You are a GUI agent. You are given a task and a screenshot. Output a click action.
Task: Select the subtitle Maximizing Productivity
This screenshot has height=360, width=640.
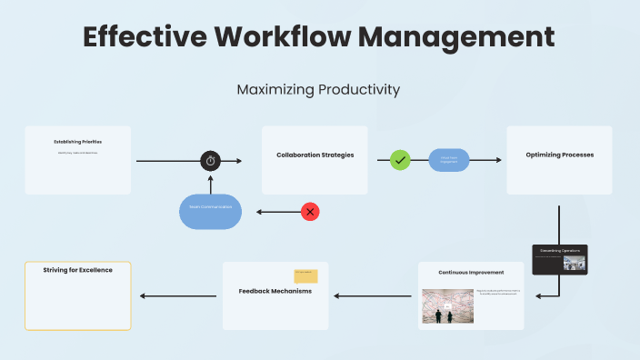tap(318, 90)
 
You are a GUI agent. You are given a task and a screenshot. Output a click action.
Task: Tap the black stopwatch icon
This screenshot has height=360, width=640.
tap(211, 161)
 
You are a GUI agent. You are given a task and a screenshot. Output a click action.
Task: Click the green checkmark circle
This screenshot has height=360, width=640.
tap(400, 160)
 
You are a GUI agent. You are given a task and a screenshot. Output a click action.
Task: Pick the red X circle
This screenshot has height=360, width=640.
tap(310, 212)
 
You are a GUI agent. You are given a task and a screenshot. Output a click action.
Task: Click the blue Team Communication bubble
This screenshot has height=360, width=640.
tap(210, 211)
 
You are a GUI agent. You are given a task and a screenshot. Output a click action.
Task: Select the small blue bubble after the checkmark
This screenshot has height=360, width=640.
tap(449, 160)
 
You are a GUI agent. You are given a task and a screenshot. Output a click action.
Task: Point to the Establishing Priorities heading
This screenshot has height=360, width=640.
tap(77, 143)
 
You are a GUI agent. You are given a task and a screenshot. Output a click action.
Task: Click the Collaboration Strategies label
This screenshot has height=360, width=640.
tap(315, 155)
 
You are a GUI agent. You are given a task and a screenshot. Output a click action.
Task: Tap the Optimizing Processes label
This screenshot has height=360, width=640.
tap(559, 155)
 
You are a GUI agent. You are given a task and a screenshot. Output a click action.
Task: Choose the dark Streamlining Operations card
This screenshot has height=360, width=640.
tap(560, 259)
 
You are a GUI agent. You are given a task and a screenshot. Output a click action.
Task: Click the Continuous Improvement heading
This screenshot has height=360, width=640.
tap(471, 273)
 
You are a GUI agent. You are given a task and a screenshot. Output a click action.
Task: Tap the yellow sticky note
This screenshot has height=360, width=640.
tap(305, 275)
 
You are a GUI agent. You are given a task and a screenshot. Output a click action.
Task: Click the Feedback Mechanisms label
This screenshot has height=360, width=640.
tap(275, 291)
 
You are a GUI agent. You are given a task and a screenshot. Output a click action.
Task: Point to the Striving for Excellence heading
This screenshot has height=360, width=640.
tap(77, 270)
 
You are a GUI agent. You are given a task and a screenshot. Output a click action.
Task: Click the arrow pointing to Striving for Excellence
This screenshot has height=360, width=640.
tap(177, 295)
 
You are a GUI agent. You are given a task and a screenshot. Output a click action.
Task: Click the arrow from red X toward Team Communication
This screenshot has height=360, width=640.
tap(277, 212)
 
